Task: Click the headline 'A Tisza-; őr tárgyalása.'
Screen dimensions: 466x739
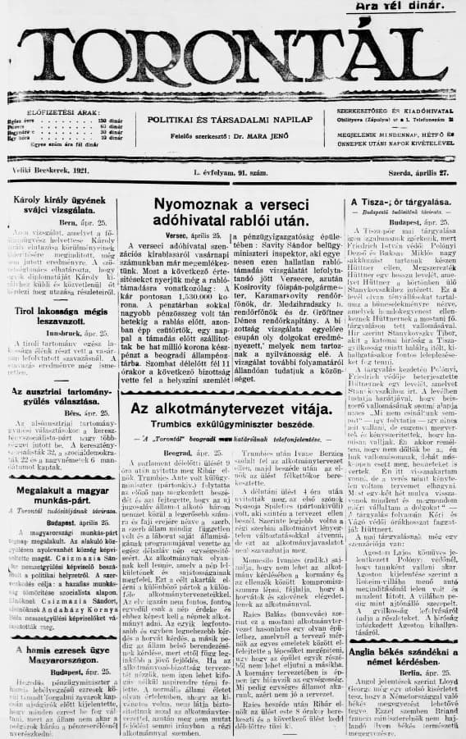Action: pyautogui.click(x=401, y=202)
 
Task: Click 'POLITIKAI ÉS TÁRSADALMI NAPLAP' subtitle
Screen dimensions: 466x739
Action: pyautogui.click(x=232, y=119)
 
